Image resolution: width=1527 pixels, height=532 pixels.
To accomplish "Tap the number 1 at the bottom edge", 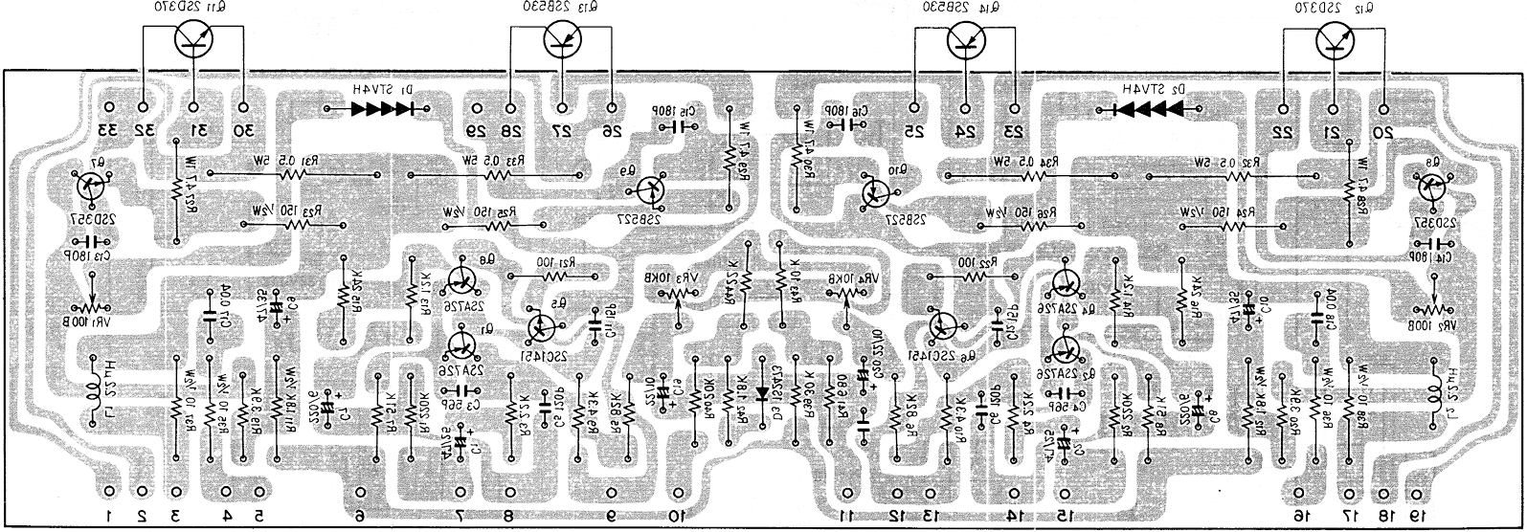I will pyautogui.click(x=110, y=517).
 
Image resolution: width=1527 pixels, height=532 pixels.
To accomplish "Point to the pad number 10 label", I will pyautogui.click(x=677, y=517).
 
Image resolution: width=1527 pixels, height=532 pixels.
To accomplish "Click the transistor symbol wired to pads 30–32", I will pyautogui.click(x=196, y=39).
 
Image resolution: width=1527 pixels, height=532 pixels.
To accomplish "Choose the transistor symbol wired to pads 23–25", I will pyautogui.click(x=966, y=39).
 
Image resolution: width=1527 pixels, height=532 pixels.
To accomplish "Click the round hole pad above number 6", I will pyautogui.click(x=360, y=491).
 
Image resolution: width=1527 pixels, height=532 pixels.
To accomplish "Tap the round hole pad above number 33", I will pyautogui.click(x=107, y=107).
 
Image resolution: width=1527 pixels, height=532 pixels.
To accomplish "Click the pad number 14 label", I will pyautogui.click(x=1013, y=517).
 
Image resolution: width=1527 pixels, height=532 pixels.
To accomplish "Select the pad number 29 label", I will pyautogui.click(x=476, y=130).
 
